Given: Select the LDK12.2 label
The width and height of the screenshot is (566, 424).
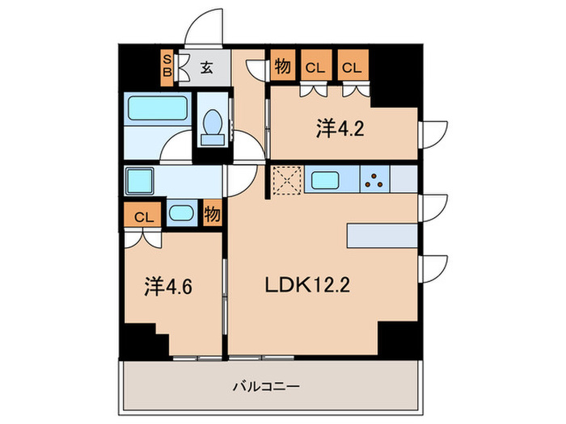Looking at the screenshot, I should point(306,285).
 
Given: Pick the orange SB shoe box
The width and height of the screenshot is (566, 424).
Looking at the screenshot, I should point(167,66).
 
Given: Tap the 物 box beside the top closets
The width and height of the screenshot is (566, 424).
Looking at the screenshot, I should point(281,68).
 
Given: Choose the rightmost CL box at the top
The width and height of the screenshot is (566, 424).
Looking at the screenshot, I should point(350,68).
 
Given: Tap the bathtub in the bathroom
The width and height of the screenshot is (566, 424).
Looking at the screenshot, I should point(158,108).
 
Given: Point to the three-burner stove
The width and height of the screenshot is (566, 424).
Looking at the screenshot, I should point(375,180).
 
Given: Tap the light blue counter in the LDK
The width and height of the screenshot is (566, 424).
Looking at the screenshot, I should point(383,235).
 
